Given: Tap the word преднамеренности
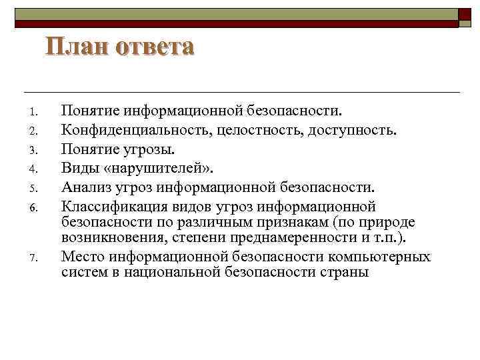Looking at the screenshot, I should coord(283,239).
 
